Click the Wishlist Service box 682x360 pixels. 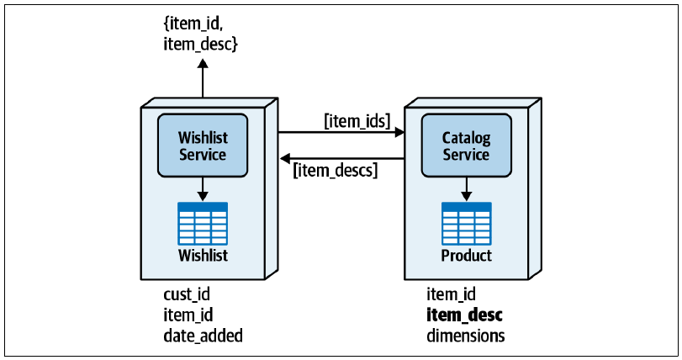(x=203, y=146)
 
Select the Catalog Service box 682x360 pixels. (x=466, y=146)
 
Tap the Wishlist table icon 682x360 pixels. (x=203, y=224)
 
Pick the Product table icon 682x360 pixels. (x=466, y=224)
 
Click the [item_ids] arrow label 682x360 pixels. (x=357, y=120)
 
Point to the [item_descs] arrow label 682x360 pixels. (x=336, y=170)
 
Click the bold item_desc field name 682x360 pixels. (x=464, y=315)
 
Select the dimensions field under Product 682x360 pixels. (x=465, y=336)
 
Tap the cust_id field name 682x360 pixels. (x=187, y=294)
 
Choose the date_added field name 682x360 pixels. (x=204, y=336)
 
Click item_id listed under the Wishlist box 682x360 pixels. (x=188, y=315)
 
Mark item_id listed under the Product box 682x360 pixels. (x=451, y=294)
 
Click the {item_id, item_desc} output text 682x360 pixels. (x=200, y=34)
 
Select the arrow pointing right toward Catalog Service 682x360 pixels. (x=341, y=132)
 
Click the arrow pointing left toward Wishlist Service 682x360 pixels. (x=342, y=159)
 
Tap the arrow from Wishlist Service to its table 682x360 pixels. (x=203, y=188)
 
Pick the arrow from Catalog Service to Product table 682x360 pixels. (x=466, y=188)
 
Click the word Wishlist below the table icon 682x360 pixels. (x=203, y=255)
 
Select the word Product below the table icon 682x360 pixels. (x=466, y=255)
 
